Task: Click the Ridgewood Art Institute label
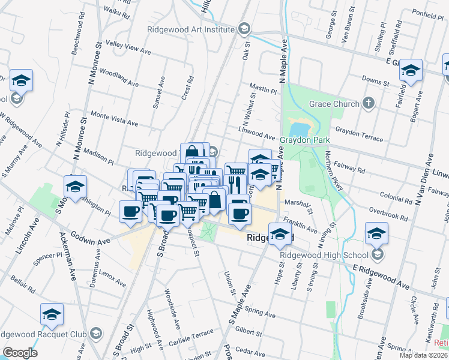tap(191, 29)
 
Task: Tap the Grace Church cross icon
tap(369, 104)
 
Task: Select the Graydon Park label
tap(305, 140)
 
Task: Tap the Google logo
tap(20, 353)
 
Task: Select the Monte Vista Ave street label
tap(114, 118)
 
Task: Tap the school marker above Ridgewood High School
tap(377, 232)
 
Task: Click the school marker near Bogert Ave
tap(411, 70)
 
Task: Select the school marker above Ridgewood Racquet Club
tap(52, 314)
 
